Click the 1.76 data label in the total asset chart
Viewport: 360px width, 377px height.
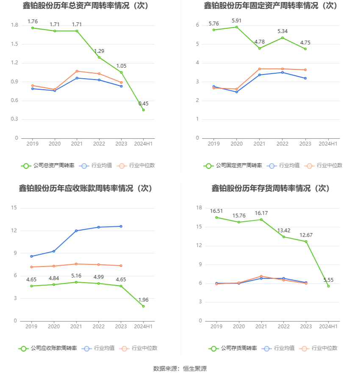coord(33,21)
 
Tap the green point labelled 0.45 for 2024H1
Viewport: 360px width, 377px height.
coord(144,110)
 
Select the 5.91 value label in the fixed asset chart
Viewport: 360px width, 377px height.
coord(237,20)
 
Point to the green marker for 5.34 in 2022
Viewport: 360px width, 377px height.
coord(282,38)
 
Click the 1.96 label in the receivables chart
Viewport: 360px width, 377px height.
coord(144,300)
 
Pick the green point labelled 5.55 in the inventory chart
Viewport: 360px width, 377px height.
coord(328,286)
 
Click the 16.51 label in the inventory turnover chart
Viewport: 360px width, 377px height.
coord(216,211)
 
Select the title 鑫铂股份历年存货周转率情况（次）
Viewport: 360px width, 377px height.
coord(271,188)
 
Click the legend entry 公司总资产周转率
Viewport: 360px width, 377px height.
coord(47,165)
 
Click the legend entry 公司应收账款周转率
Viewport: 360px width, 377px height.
coord(48,348)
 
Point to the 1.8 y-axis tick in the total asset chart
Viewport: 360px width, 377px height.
coord(14,25)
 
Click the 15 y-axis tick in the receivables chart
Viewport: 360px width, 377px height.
coord(14,208)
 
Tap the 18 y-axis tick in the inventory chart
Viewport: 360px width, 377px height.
coord(199,208)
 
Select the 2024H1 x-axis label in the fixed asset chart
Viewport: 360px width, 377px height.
coord(328,144)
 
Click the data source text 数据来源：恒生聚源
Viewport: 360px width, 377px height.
coord(180,369)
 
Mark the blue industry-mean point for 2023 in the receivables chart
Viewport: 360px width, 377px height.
coord(121,226)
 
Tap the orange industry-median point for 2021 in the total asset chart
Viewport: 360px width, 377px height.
coord(77,71)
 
